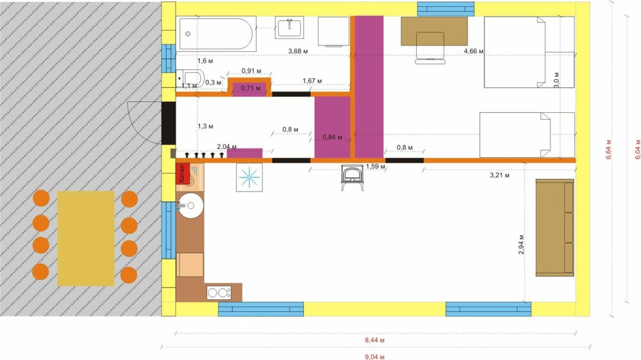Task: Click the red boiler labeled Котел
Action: pos(181,174)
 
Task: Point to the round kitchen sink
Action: pos(190,206)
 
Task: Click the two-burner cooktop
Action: pos(219,293)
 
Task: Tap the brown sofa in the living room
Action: pos(554,228)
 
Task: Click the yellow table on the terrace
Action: pos(85,238)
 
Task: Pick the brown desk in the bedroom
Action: pos(435,31)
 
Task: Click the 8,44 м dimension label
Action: pos(375,340)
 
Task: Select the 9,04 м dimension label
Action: pos(375,355)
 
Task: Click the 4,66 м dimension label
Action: pos(474,51)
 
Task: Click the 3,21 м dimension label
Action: pos(499,174)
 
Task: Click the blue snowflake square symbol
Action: pos(248,177)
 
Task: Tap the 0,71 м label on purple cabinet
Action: pos(251,88)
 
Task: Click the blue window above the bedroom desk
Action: pos(445,8)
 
